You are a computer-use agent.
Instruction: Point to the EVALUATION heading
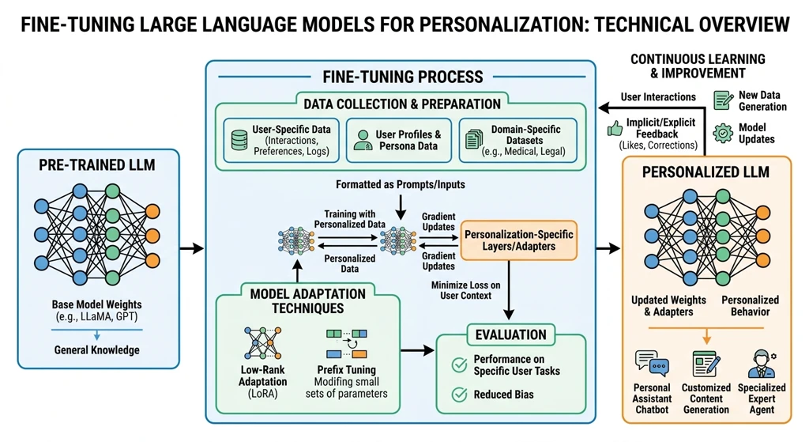[x=510, y=334]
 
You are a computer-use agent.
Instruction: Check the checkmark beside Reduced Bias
[x=458, y=395]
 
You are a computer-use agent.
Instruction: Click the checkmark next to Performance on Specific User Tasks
[x=458, y=365]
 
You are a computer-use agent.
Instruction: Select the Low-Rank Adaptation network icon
[x=262, y=342]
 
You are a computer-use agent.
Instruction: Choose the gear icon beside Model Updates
[x=723, y=133]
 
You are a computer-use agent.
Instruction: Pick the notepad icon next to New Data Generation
[x=723, y=100]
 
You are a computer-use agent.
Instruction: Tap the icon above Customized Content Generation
[x=706, y=364]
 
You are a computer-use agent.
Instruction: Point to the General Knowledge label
[x=98, y=349]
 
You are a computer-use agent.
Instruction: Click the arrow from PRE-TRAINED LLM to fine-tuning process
[x=192, y=249]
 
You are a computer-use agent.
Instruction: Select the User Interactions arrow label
[x=658, y=96]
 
